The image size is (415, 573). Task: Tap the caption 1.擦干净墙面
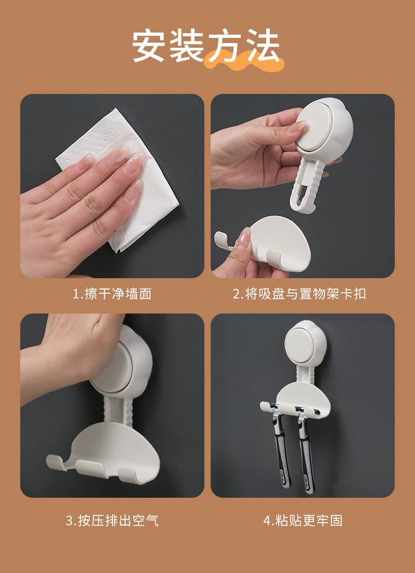pos(112,294)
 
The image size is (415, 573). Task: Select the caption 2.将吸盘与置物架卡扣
pos(299,294)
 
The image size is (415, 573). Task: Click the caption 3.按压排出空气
pos(112,521)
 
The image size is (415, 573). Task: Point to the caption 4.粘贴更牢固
pos(303,521)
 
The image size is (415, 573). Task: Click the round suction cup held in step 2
pos(319,130)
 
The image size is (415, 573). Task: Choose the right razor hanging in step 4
pos(306,452)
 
